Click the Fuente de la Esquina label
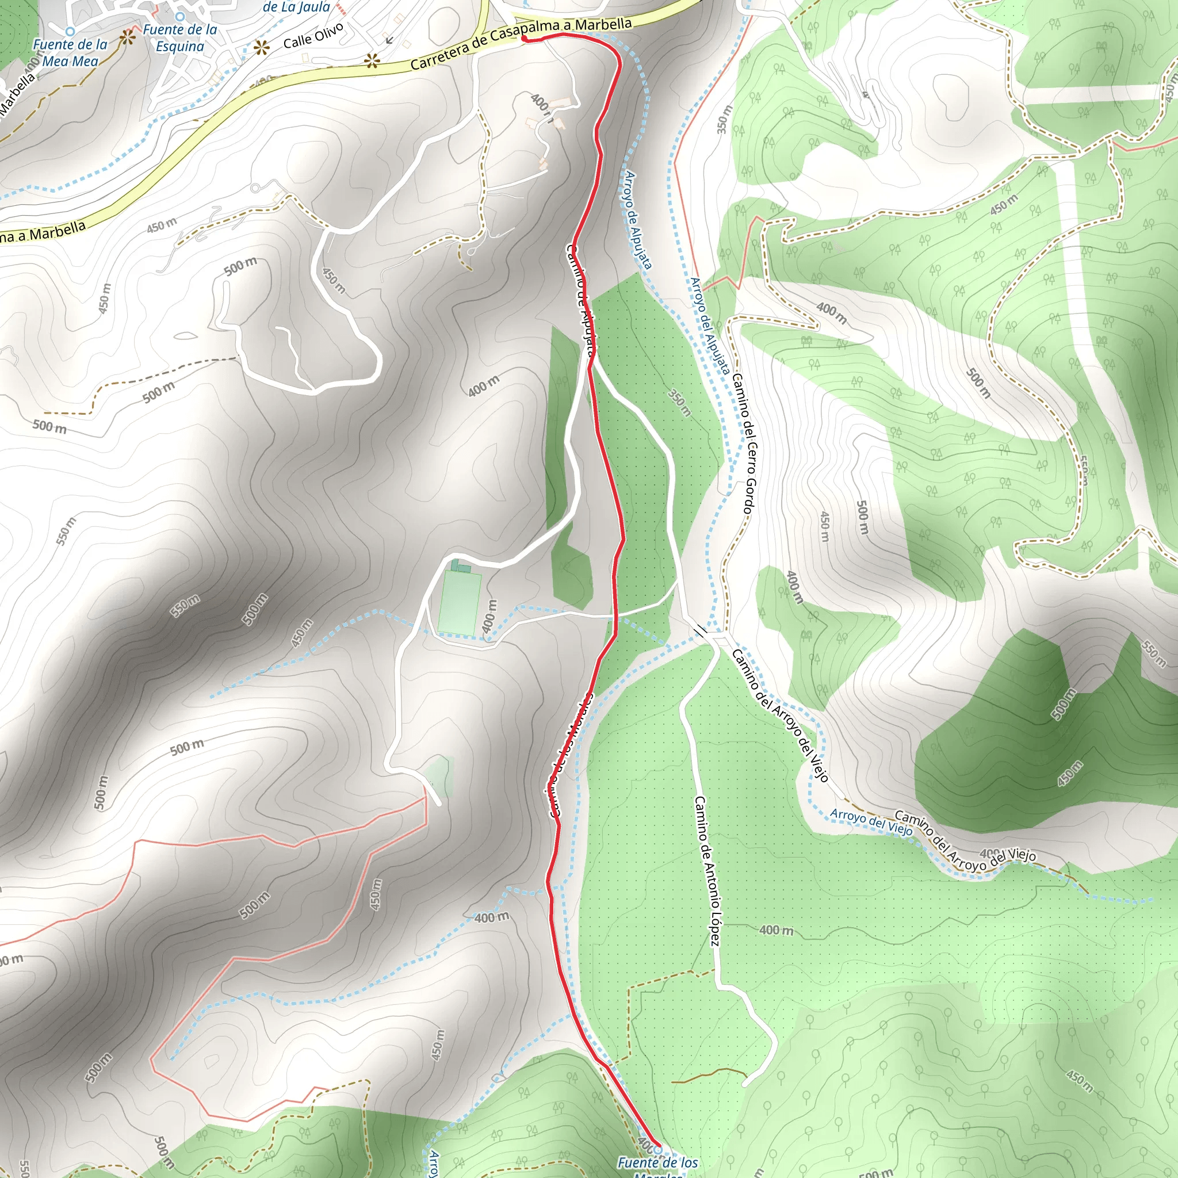pyautogui.click(x=180, y=38)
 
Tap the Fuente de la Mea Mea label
pyautogui.click(x=70, y=53)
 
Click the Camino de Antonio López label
pyautogui.click(x=707, y=871)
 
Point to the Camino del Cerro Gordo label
pyautogui.click(x=744, y=445)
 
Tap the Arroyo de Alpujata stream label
pyautogui.click(x=638, y=220)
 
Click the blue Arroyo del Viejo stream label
pyautogui.click(x=871, y=823)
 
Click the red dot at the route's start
pyautogui.click(x=524, y=39)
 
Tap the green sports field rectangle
pyautogui.click(x=458, y=602)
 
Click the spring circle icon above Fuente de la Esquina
pyautogui.click(x=180, y=17)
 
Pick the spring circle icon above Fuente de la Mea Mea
pyautogui.click(x=70, y=30)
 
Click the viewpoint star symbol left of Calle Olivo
pyautogui.click(x=262, y=48)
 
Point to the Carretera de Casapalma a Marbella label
pyautogui.click(x=521, y=43)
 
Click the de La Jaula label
pyautogui.click(x=296, y=7)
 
